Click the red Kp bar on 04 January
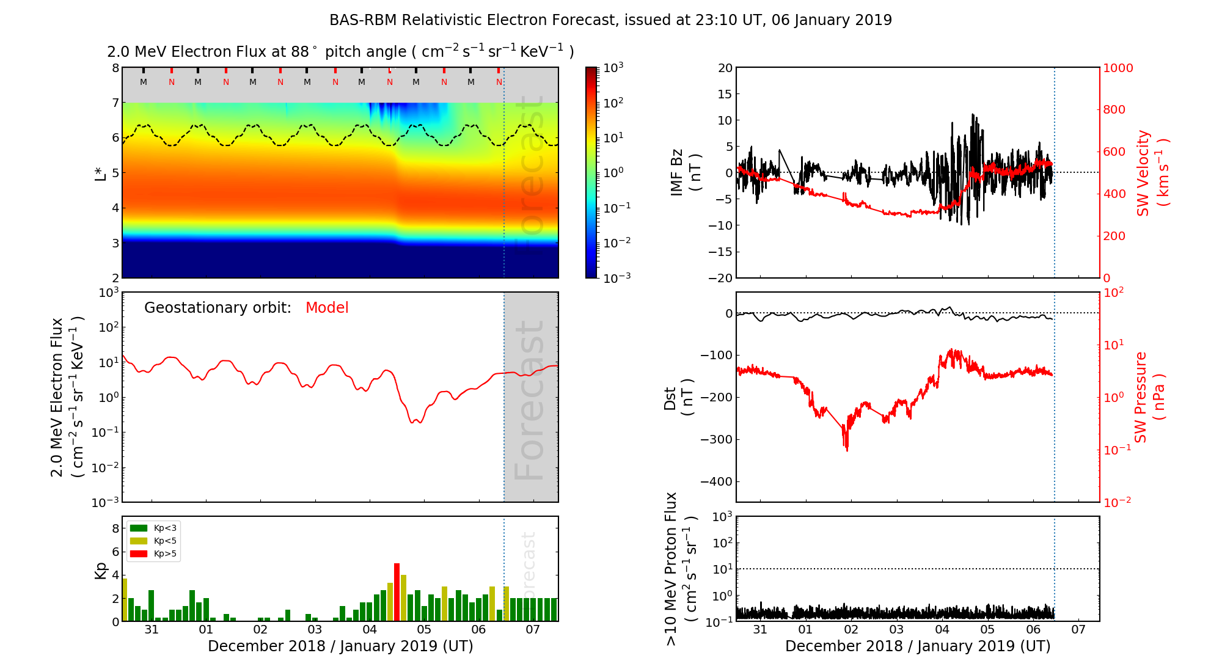(397, 592)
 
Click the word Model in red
(327, 308)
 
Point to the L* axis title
(100, 172)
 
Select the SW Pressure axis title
(1149, 397)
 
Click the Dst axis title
(678, 397)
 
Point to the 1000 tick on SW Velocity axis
(1118, 68)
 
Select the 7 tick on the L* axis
(115, 103)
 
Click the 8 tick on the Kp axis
(115, 528)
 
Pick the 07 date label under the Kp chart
(533, 630)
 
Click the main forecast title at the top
(610, 20)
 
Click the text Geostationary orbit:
(218, 308)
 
